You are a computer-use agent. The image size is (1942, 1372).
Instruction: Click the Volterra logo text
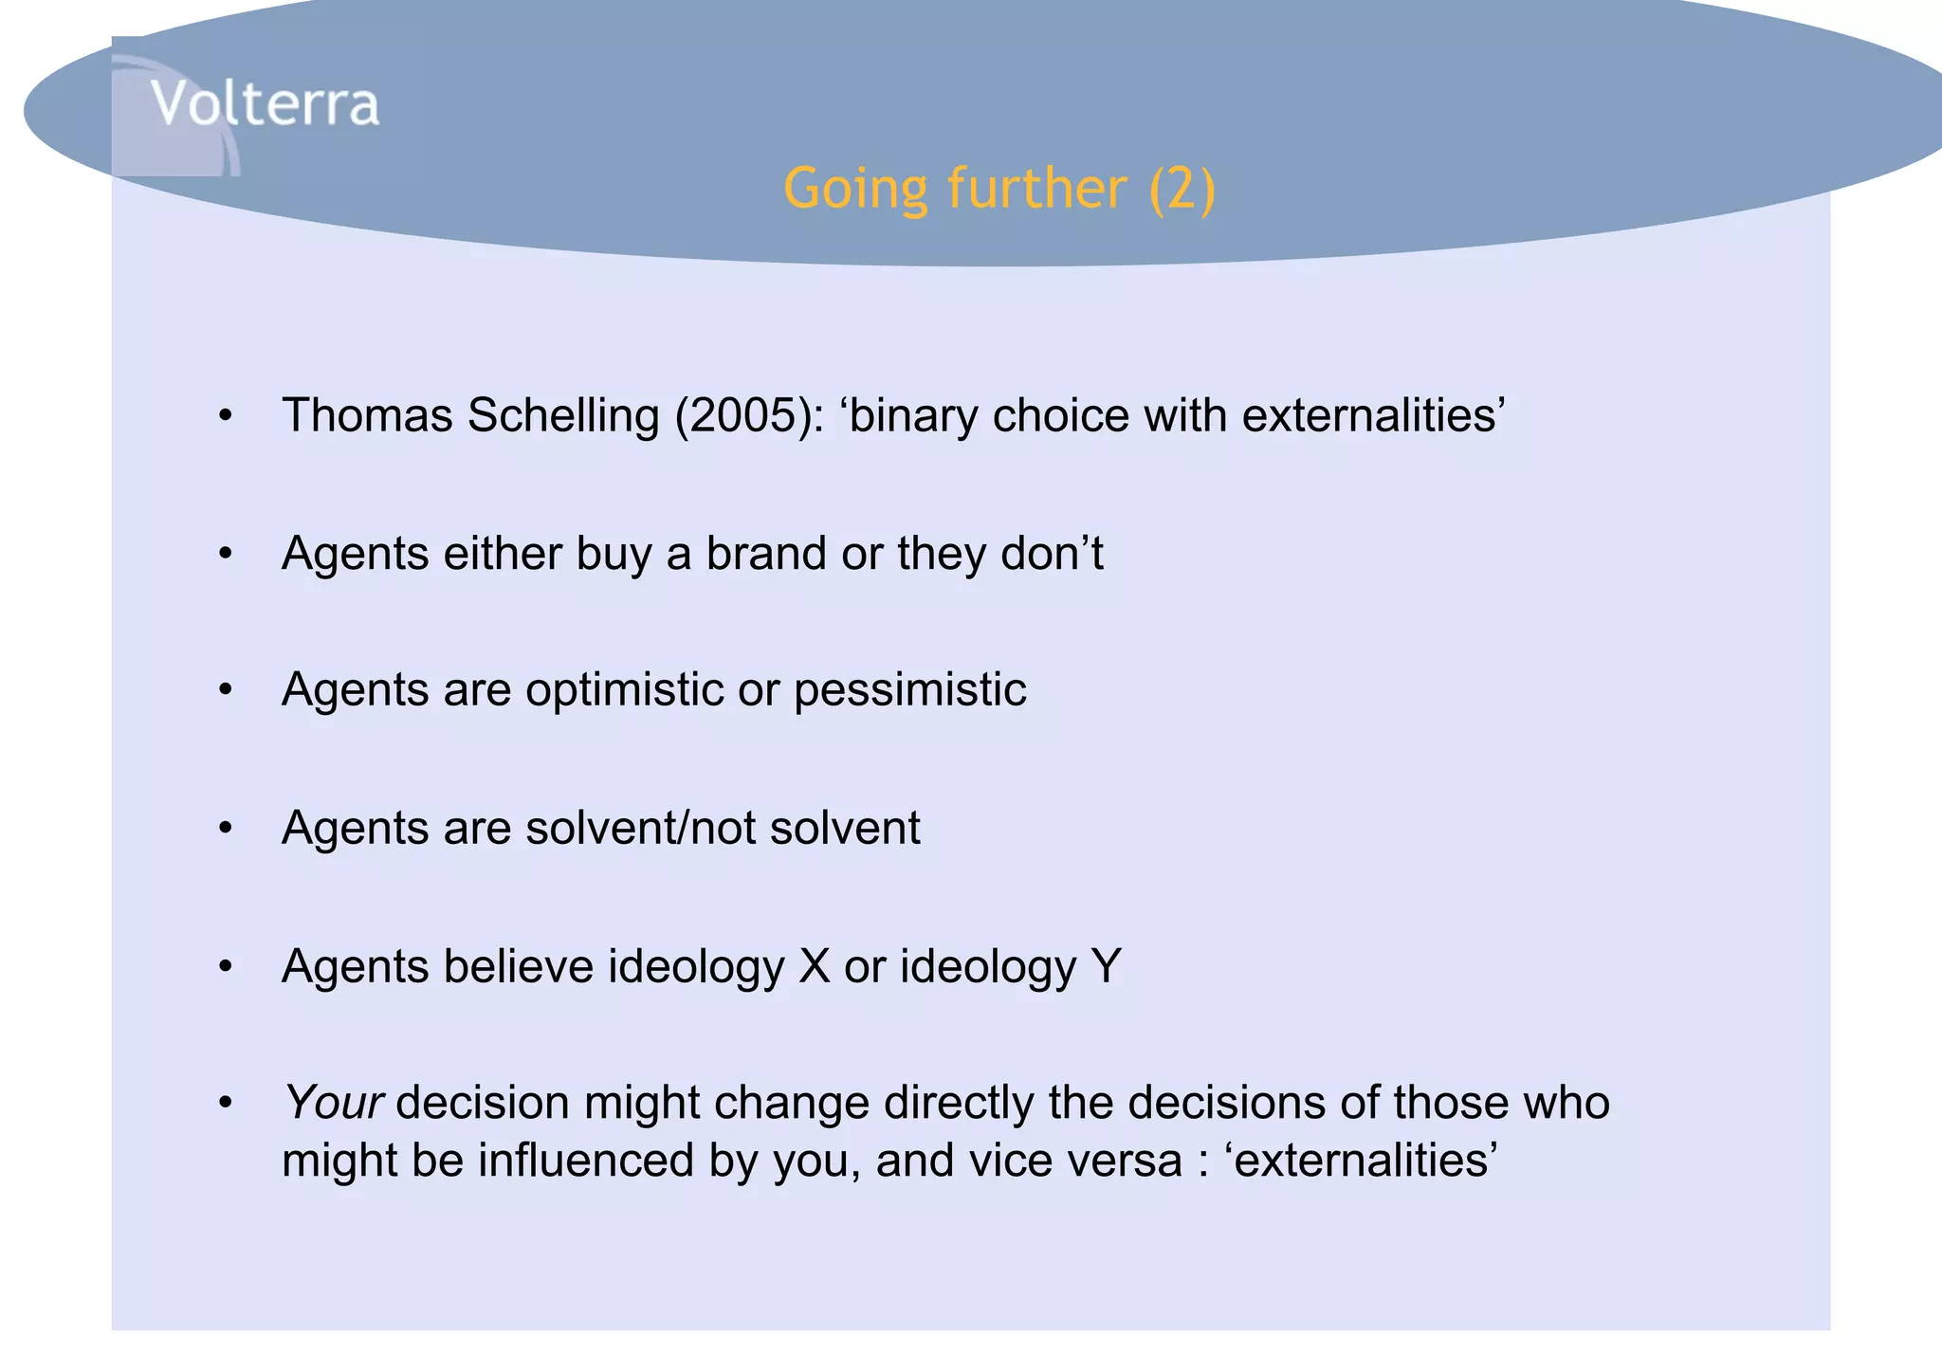265,103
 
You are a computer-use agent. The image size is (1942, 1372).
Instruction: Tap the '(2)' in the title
1182,188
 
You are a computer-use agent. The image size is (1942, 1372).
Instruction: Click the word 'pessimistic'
909,689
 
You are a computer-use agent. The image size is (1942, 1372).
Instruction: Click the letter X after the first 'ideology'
815,966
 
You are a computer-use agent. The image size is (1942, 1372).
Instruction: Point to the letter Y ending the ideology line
1106,966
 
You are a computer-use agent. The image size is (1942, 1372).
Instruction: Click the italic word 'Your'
333,1103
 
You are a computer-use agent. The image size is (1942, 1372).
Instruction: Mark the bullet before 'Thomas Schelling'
225,416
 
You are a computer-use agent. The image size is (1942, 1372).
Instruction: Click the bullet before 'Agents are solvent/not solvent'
225,829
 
